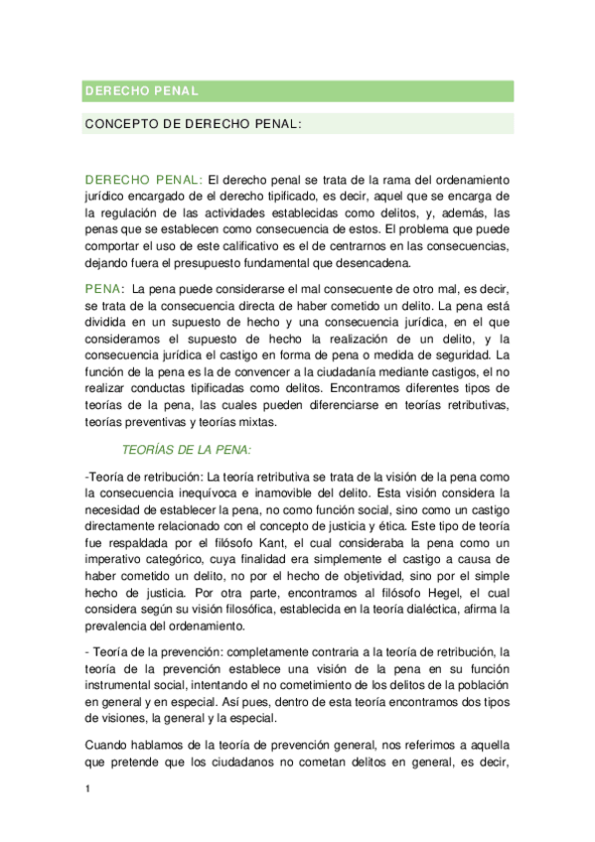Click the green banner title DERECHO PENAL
point(142,91)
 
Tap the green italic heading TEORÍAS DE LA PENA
point(187,449)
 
